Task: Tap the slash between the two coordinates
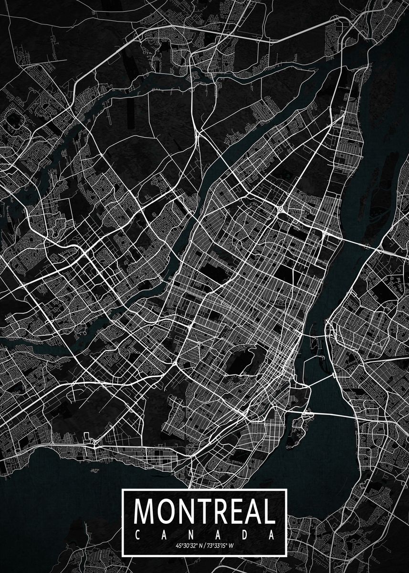point(206,545)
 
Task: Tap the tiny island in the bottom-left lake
point(94,471)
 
